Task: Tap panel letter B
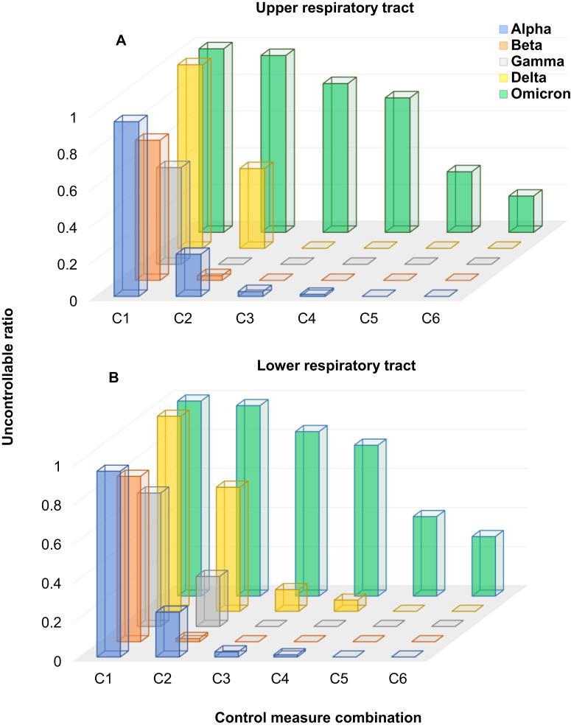point(113,378)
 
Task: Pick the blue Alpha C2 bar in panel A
point(188,276)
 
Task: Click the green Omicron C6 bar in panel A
point(520,213)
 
